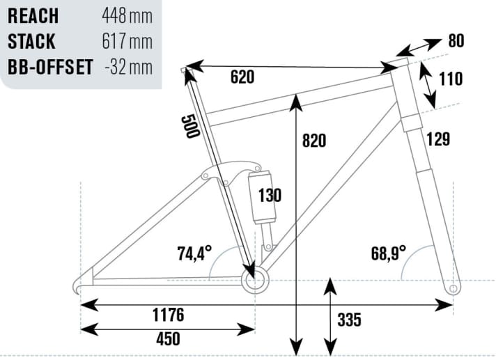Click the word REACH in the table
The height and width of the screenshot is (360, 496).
[34, 15]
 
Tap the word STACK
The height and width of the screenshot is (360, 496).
[32, 41]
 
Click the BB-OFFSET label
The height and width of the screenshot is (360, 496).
[51, 68]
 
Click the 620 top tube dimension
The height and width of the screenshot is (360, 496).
[242, 77]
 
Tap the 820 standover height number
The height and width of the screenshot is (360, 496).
[313, 140]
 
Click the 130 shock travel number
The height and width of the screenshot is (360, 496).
[270, 195]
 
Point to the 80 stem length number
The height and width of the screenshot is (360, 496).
[456, 41]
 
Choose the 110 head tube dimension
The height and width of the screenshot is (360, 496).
[451, 79]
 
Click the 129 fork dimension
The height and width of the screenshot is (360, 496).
[438, 139]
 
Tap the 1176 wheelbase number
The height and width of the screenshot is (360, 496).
[168, 315]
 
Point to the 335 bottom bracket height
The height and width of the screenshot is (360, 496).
[350, 320]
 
